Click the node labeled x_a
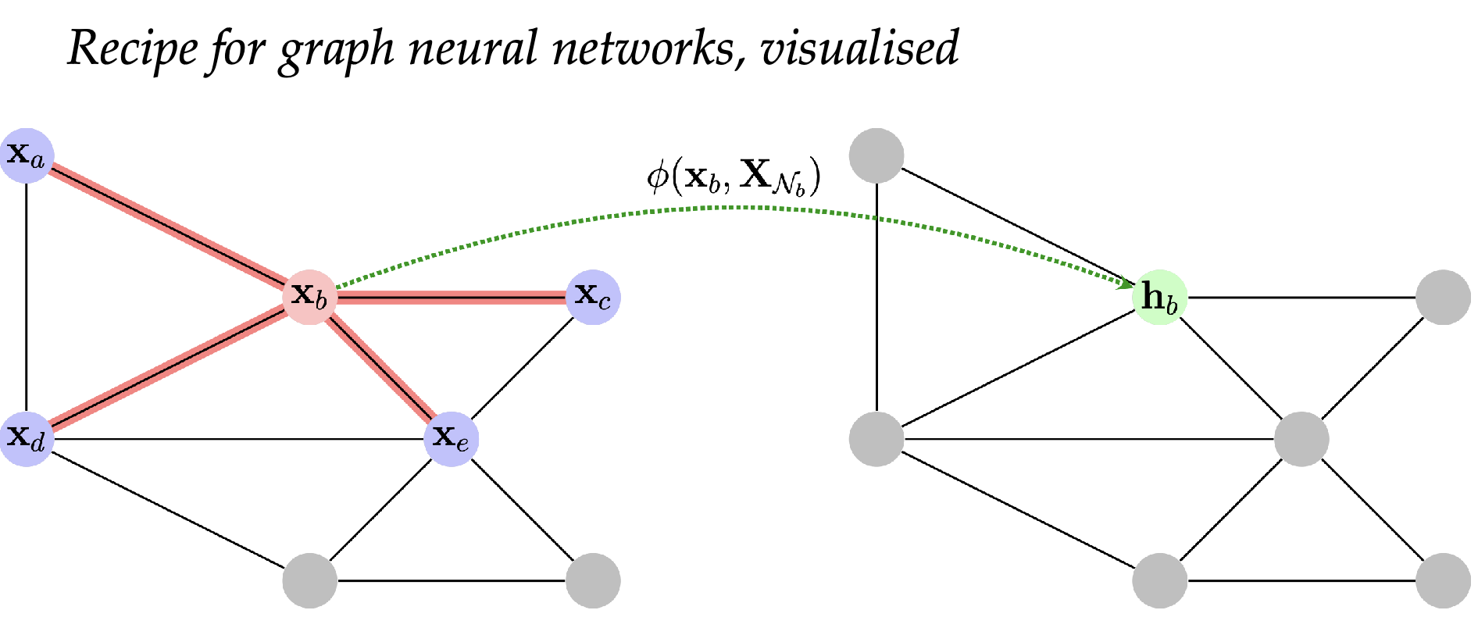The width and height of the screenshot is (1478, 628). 27,155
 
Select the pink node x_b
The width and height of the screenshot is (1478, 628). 310,297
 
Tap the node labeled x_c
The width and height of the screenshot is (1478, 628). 593,297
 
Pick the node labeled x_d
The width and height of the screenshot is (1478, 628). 27,439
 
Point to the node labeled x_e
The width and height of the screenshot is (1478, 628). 452,439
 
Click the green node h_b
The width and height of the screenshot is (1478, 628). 1160,298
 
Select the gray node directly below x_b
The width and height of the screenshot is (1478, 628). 310,580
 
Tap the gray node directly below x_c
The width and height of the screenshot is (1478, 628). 593,580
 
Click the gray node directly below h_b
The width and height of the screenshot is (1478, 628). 1160,580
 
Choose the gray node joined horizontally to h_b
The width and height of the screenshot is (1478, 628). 1443,298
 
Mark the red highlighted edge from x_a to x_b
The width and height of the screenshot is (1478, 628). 168,226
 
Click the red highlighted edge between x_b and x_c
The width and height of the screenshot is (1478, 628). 452,297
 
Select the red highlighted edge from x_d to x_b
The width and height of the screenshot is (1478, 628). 168,368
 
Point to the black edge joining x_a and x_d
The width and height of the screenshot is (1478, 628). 27,297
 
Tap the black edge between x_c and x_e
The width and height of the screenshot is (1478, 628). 522,368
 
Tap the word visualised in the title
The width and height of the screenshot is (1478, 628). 859,48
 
